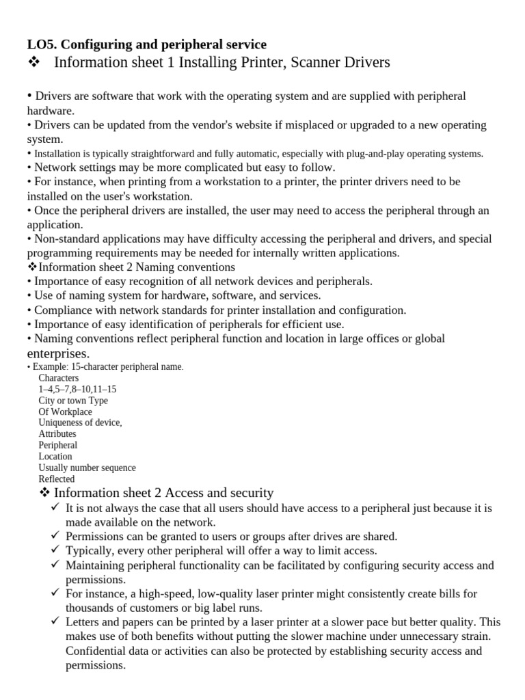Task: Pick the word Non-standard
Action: pyautogui.click(x=64, y=239)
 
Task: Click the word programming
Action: pyautogui.click(x=58, y=253)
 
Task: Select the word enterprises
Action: pyautogui.click(x=57, y=353)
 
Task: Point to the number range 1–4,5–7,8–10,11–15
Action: pyautogui.click(x=77, y=389)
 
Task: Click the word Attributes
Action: pyautogui.click(x=57, y=434)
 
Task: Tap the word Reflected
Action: pyautogui.click(x=56, y=479)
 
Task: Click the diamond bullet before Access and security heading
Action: pyautogui.click(x=45, y=494)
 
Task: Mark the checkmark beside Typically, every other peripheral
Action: pyautogui.click(x=55, y=550)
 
